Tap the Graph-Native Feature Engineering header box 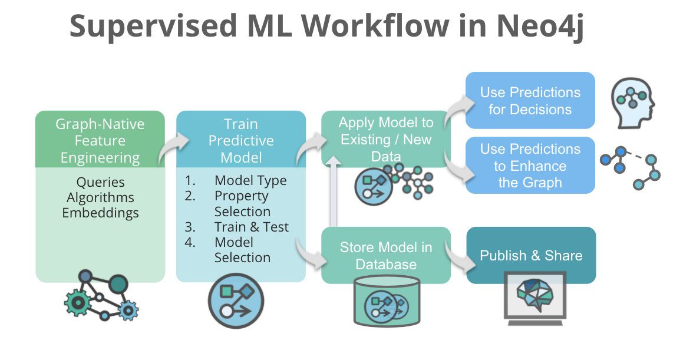point(100,139)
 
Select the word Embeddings point(100,213)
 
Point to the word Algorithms point(100,197)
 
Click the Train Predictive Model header point(241,139)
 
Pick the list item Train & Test point(252,227)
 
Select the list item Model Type point(250,180)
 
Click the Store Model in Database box point(386,255)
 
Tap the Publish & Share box point(532,255)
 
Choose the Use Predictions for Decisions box point(530,100)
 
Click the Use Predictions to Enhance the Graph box point(530,165)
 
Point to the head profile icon point(633,103)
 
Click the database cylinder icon point(387,300)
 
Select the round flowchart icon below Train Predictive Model point(236,301)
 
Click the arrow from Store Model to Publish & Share point(460,256)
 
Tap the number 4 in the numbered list point(190,242)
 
